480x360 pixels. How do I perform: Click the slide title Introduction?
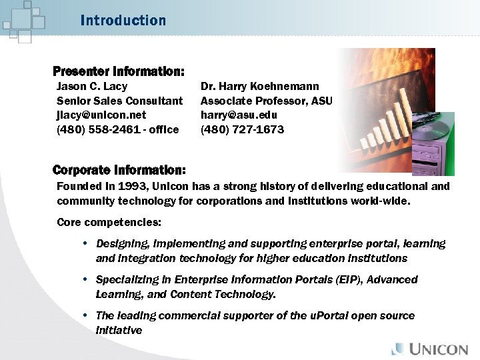[123, 21]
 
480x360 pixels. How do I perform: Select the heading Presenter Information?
[119, 71]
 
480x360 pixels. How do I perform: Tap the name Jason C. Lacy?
[92, 87]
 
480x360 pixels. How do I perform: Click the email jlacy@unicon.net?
[101, 115]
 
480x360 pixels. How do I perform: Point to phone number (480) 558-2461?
[99, 130]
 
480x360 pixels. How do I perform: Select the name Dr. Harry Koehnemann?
[259, 87]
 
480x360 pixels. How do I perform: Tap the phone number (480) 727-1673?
[242, 130]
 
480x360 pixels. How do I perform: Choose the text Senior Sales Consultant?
[119, 101]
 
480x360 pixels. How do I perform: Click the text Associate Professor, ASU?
[266, 101]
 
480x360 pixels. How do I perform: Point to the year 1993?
[131, 187]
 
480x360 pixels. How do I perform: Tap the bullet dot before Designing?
[86, 244]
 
